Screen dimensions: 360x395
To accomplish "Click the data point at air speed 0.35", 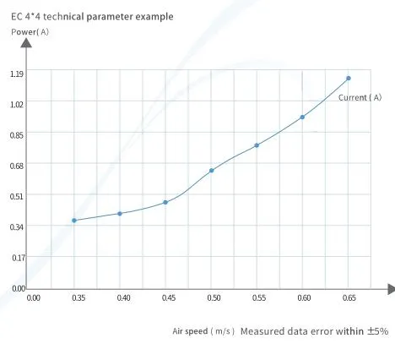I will pos(74,221).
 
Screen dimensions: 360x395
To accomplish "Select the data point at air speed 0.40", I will pos(120,214).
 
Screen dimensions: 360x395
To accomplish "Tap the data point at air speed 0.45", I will pos(165,203).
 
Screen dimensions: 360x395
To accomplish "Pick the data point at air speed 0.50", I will pos(211,171).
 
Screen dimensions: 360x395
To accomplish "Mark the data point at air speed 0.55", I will pos(257,145).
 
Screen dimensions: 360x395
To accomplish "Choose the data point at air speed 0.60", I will pos(302,117).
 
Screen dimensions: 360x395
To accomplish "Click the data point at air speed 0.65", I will pos(348,79).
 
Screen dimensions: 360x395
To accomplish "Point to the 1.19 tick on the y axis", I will pos(17,74).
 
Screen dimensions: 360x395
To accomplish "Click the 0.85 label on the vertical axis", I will pos(17,134).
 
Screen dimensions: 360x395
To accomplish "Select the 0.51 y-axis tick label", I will pos(17,195).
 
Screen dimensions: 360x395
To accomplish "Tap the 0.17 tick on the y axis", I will pos(17,257).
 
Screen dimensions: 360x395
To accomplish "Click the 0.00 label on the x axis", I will pos(34,298).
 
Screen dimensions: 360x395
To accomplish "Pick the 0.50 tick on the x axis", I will pos(214,298).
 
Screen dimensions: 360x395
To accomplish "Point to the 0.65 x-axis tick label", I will pos(349,298).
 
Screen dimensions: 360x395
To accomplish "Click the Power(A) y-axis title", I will pos(30,31).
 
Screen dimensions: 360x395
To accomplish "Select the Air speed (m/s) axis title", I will pos(203,331).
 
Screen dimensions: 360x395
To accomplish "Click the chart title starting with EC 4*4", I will pos(92,16).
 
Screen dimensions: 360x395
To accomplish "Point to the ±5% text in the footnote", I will pos(376,331).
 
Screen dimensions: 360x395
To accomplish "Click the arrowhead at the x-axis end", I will pos(390,288).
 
